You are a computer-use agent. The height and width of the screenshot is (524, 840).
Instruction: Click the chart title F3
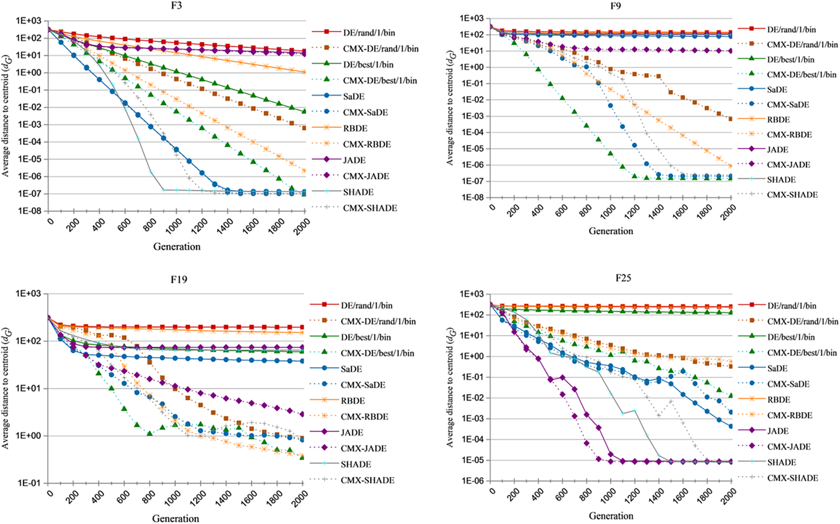(177, 6)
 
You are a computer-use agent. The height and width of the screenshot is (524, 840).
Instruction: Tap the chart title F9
(615, 6)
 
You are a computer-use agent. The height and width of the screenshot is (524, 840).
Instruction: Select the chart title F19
(179, 280)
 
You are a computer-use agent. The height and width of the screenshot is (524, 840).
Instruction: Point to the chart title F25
(623, 278)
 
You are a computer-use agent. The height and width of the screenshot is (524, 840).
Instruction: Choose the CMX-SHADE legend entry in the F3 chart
(370, 208)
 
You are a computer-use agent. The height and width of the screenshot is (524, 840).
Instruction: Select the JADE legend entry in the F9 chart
(778, 150)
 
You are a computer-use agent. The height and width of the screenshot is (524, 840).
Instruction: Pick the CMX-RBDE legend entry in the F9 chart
(789, 135)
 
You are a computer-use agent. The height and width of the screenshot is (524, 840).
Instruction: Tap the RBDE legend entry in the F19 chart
(353, 401)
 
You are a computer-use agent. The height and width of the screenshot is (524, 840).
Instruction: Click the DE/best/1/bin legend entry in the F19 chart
(365, 337)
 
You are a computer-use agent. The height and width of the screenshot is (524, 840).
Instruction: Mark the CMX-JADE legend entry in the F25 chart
(789, 447)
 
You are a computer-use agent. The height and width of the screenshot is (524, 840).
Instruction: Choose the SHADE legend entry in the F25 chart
(781, 462)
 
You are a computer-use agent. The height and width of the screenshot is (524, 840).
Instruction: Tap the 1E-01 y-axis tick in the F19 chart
(29, 483)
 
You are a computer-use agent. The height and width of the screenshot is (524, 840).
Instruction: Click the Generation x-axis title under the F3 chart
(177, 247)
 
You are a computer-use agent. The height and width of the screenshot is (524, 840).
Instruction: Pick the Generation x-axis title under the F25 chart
(611, 516)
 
